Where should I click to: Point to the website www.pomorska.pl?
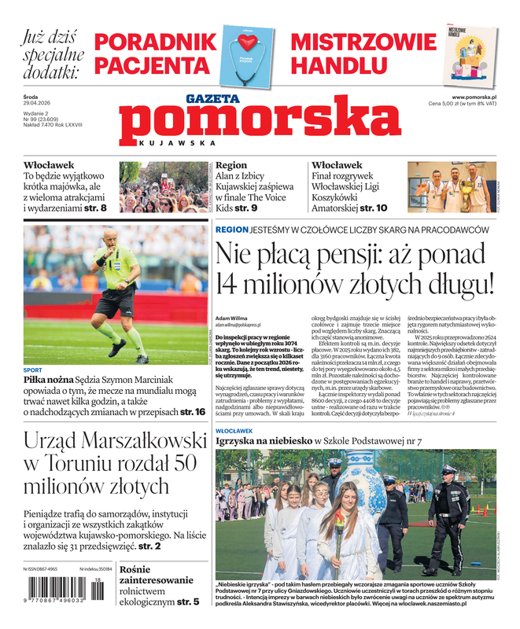click(479, 97)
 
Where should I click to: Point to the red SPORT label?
click(33, 370)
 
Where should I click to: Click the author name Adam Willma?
click(230, 318)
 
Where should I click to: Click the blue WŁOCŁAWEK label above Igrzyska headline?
click(234, 432)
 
